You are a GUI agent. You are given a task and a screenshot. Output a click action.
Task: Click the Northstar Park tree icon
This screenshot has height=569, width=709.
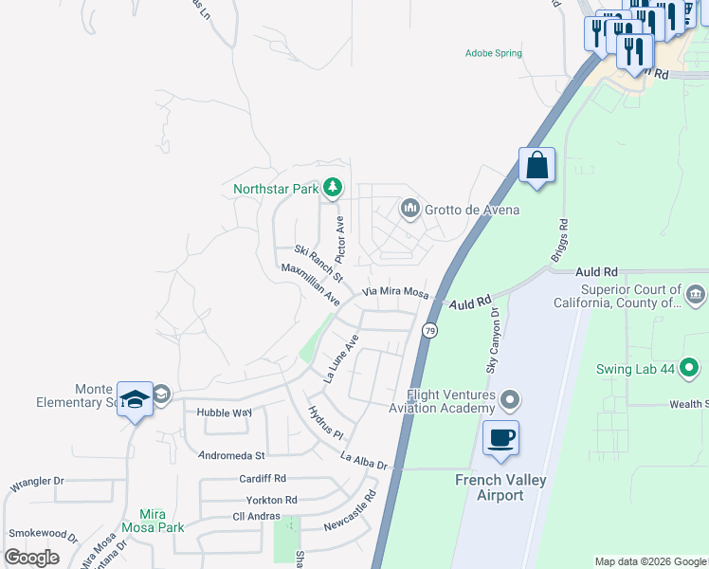[x=332, y=188]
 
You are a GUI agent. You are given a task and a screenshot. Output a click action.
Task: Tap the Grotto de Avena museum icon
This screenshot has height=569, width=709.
[x=409, y=208]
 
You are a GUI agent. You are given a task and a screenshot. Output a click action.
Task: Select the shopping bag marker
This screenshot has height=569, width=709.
[x=536, y=166]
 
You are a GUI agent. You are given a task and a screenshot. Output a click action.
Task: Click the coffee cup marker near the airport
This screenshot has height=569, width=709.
[x=500, y=438]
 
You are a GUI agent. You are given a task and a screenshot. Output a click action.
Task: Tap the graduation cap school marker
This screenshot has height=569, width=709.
[x=135, y=399]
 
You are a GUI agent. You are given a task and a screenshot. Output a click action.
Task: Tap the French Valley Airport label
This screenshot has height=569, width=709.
[x=500, y=487]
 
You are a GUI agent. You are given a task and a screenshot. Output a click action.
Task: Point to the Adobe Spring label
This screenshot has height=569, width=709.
[x=493, y=53]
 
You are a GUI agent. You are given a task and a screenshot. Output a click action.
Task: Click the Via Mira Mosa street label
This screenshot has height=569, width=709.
[x=395, y=292]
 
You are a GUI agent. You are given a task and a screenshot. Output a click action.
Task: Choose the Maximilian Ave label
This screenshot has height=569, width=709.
[x=311, y=284]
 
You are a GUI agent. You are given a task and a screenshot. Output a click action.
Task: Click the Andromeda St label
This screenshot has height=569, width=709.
[x=231, y=455]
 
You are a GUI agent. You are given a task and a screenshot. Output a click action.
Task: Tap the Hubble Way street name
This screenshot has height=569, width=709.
[x=224, y=413]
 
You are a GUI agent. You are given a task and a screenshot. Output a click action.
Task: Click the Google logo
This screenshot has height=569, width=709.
[x=32, y=558]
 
